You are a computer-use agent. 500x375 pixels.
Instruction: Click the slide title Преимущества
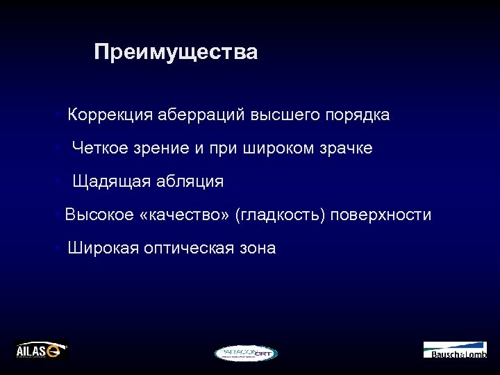coord(176,52)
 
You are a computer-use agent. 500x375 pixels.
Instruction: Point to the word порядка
coord(357,115)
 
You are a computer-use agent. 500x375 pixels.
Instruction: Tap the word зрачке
coord(341,149)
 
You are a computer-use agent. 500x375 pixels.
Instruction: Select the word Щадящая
coord(111,182)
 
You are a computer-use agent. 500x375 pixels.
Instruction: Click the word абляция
coord(189,182)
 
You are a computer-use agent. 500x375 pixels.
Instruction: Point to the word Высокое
coord(99,215)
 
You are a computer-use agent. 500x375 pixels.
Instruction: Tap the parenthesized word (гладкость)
coord(281,215)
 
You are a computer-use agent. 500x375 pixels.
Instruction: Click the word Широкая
coord(103,249)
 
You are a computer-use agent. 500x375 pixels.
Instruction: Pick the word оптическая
coord(187,249)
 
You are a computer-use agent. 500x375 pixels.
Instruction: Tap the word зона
coord(257,249)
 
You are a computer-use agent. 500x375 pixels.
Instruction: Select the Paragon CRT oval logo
coord(246,353)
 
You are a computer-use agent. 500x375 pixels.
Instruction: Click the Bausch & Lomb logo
coord(455,350)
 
